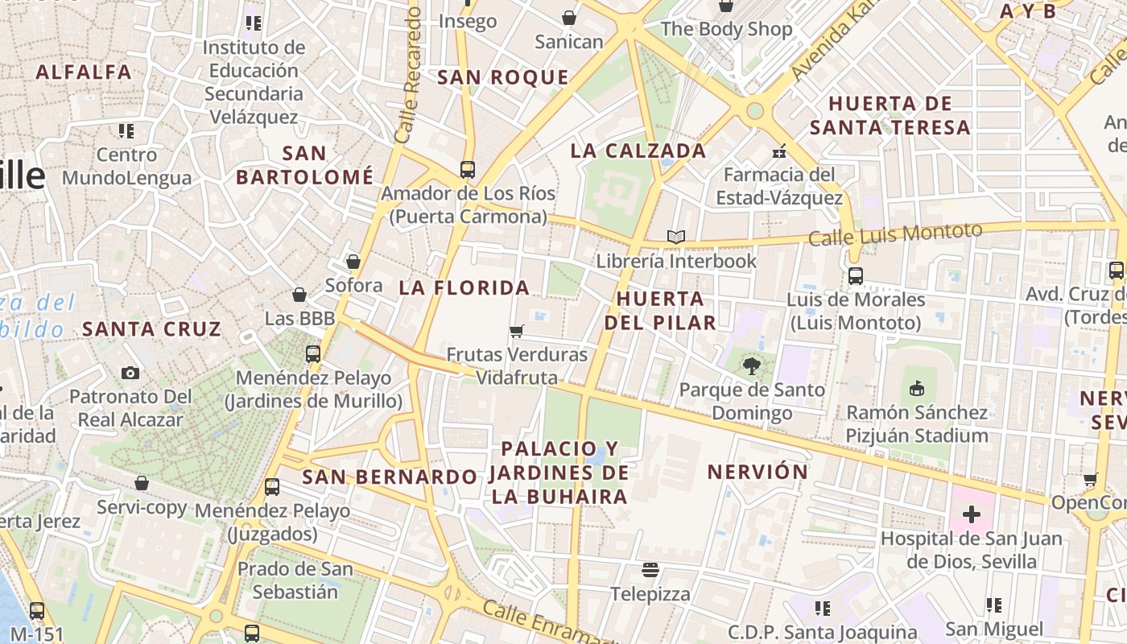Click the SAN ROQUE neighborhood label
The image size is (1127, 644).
[x=502, y=77]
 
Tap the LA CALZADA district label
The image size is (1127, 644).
[x=638, y=151]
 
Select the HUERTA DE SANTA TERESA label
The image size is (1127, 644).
[x=890, y=115]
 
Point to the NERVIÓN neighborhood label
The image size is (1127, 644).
[x=758, y=472]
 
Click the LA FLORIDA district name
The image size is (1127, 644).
[x=464, y=287]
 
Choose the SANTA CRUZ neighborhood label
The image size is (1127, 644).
[x=151, y=328]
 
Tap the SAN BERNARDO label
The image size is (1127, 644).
[x=390, y=477]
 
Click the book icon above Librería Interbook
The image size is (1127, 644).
[x=676, y=237]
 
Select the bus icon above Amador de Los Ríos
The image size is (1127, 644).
[x=468, y=170]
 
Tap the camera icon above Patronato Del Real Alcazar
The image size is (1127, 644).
[x=130, y=373]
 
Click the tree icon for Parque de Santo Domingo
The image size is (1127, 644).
[x=751, y=366]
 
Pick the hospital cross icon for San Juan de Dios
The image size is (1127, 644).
[x=972, y=514]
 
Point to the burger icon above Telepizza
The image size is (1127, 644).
[x=650, y=571]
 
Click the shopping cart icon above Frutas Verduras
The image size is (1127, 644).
[x=517, y=331]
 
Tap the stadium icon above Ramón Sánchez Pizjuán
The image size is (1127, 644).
[x=916, y=389]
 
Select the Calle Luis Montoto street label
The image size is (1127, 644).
[x=895, y=234]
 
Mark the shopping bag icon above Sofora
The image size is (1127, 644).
[x=353, y=262]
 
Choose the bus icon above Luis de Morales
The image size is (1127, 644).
[x=855, y=276]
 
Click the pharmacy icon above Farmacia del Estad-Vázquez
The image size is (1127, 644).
[x=778, y=151]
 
